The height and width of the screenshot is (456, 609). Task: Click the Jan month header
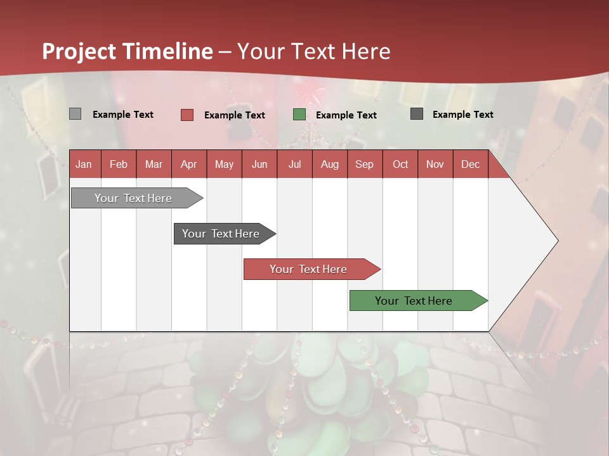tap(84, 164)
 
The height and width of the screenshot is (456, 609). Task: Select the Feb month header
tap(119, 164)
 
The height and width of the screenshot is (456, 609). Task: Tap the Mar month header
tap(154, 164)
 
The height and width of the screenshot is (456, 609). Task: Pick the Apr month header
tap(189, 164)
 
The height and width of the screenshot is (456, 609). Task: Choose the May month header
tap(224, 164)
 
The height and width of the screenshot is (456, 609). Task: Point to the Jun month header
tap(259, 164)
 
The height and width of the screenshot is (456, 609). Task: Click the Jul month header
tap(294, 164)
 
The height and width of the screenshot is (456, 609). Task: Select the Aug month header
tap(330, 164)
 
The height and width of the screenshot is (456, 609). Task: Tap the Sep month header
tap(365, 164)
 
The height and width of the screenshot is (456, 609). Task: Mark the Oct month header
tap(400, 164)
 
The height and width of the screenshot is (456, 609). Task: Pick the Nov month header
tap(435, 164)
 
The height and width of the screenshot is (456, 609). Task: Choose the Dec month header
tap(470, 164)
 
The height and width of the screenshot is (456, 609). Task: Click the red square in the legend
tap(187, 115)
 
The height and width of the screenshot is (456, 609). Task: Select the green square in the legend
tap(299, 115)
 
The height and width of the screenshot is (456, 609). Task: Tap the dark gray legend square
tap(417, 114)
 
